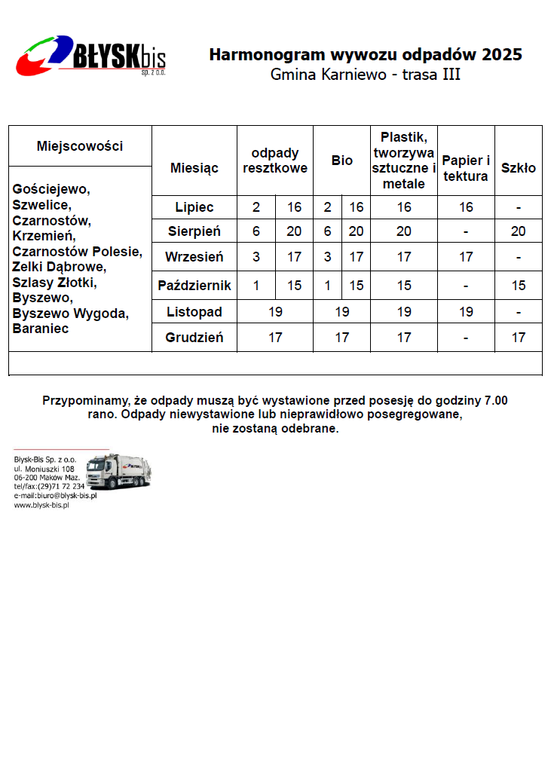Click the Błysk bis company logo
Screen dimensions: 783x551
click(91, 54)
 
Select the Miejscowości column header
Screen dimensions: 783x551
click(80, 146)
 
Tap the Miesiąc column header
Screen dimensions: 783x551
click(194, 167)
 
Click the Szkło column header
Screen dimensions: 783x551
click(519, 167)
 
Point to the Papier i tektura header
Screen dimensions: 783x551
click(466, 168)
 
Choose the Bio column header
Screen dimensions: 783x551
click(342, 161)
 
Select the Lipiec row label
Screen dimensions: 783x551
click(194, 207)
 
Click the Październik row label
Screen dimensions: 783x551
click(194, 286)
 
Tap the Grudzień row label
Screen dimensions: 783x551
click(194, 338)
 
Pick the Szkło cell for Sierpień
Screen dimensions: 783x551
click(519, 231)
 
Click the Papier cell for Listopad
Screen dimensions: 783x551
click(466, 311)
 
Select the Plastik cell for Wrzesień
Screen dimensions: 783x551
click(404, 257)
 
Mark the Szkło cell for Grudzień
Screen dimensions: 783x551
click(519, 338)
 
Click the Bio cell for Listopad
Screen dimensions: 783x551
click(342, 311)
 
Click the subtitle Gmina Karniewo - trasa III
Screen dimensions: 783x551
click(365, 75)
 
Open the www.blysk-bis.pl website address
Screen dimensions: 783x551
click(41, 506)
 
